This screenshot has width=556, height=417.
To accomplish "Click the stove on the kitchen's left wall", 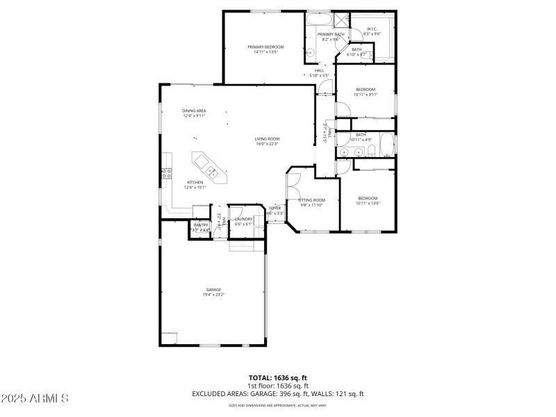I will [x=166, y=174].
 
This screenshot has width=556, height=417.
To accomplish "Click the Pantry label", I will [x=200, y=224].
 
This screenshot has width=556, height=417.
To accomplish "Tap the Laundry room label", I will [x=243, y=219].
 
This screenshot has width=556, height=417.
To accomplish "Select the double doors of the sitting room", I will [x=293, y=186].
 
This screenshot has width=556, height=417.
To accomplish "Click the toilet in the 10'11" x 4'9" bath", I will [x=372, y=151].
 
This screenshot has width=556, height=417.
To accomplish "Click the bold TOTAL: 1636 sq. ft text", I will [x=277, y=377].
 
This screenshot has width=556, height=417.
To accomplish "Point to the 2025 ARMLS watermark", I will [x=35, y=398].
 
